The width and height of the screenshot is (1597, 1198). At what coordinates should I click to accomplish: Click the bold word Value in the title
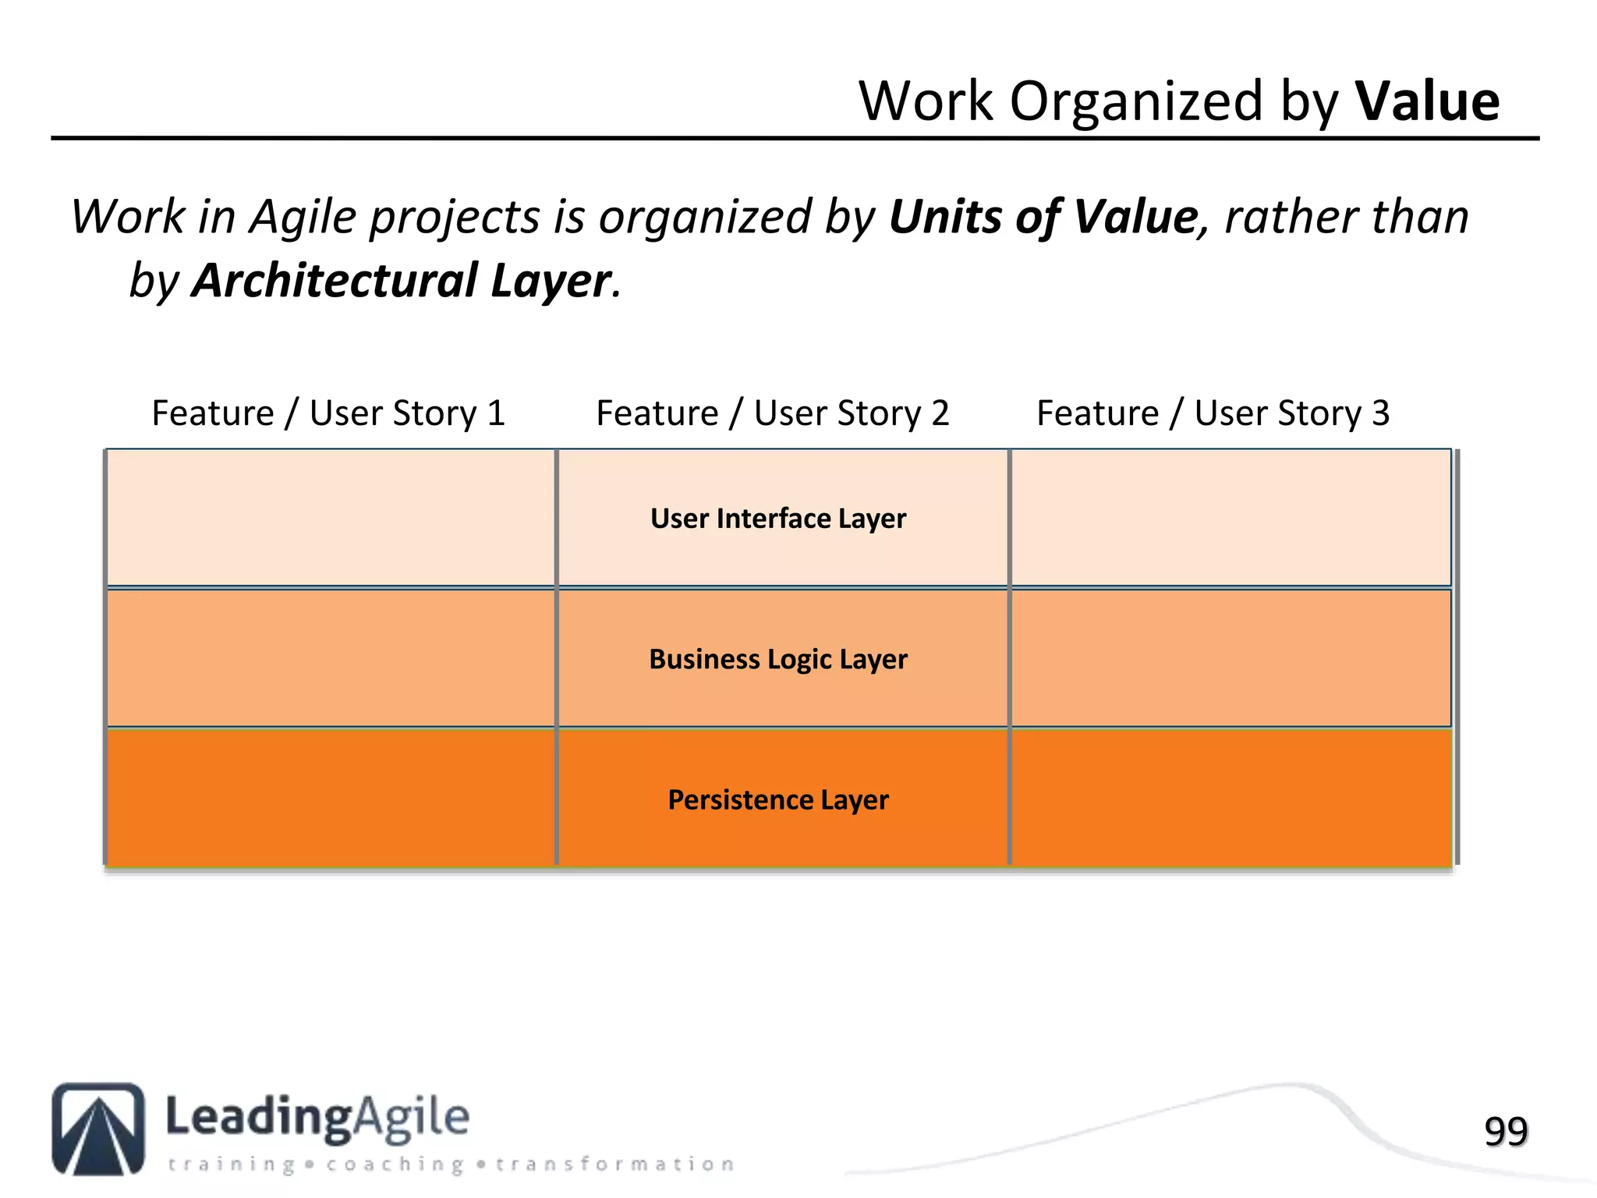tap(1427, 101)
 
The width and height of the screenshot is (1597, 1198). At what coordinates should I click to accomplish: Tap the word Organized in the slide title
tap(1136, 101)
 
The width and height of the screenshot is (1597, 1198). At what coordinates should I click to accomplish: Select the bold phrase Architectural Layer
tap(402, 281)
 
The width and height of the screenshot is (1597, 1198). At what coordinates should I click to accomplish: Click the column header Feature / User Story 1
tap(328, 413)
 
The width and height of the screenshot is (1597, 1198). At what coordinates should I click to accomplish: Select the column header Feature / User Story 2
tap(772, 413)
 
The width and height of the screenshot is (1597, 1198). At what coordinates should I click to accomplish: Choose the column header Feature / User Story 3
tap(1213, 413)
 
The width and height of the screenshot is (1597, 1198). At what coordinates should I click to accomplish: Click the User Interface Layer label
tap(778, 519)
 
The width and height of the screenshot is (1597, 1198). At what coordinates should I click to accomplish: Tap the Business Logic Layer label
tap(778, 659)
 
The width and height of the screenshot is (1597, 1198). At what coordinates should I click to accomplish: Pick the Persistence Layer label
tap(778, 799)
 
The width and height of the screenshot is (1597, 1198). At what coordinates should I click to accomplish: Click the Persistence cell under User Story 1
tap(331, 797)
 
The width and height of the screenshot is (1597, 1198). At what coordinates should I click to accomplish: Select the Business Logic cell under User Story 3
tap(1231, 658)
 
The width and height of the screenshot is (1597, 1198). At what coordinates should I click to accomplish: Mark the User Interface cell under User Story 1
tap(331, 517)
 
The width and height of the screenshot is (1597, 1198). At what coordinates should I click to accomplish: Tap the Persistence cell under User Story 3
tap(1231, 797)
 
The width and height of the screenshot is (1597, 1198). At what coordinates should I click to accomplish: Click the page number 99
tap(1506, 1131)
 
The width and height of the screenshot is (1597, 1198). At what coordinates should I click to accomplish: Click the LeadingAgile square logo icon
tap(98, 1128)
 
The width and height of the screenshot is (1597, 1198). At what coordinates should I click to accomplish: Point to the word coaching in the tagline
tap(395, 1164)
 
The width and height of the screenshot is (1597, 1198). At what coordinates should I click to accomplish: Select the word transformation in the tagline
tap(614, 1164)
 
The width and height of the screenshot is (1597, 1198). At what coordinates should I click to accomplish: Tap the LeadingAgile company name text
tap(317, 1117)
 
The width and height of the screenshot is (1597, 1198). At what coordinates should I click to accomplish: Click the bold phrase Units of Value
tap(1043, 217)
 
